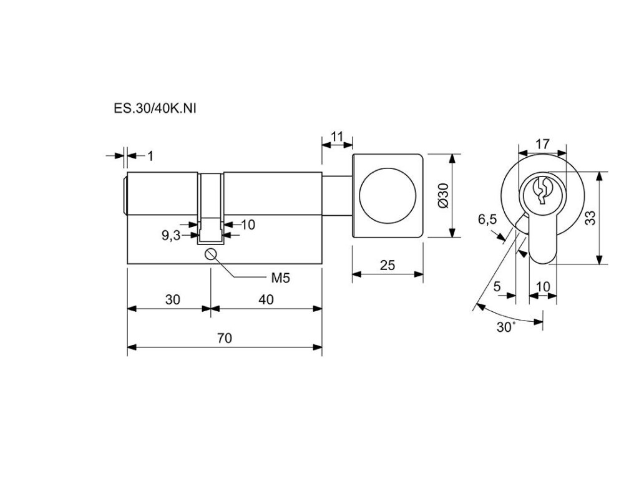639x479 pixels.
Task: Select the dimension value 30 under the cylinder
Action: click(173, 299)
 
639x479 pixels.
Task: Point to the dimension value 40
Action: click(266, 299)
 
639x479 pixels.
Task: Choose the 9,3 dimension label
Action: click(170, 236)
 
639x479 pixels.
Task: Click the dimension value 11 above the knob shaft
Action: click(337, 136)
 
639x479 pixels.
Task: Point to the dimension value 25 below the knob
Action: click(388, 265)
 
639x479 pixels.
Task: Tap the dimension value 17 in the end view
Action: click(542, 144)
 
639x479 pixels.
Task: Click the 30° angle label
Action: click(505, 327)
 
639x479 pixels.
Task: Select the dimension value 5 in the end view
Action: click(497, 286)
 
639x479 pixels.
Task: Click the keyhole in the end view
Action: click(541, 191)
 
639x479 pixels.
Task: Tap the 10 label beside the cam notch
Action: click(248, 225)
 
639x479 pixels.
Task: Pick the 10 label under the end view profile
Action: click(542, 286)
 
